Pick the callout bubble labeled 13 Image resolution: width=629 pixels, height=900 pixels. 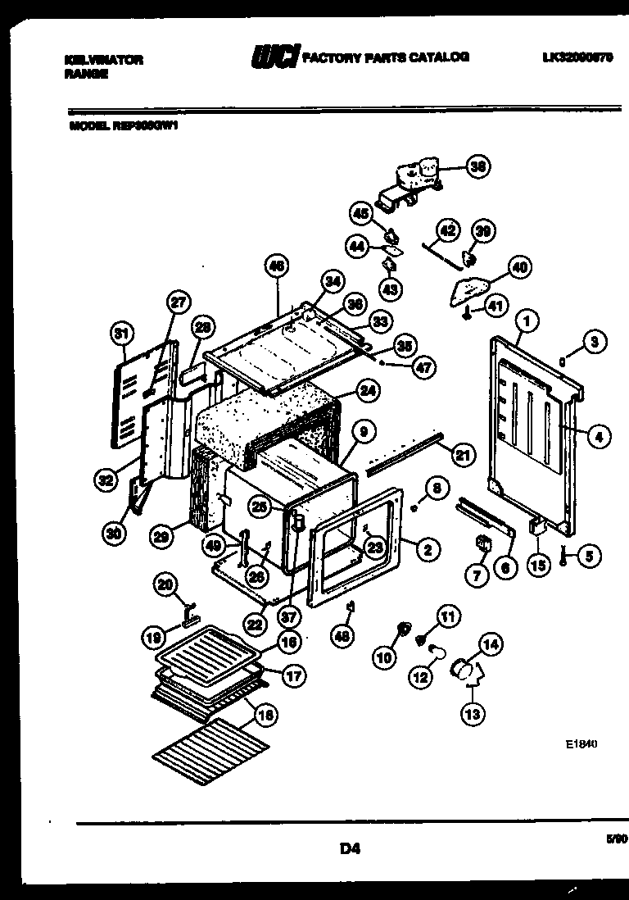point(472,713)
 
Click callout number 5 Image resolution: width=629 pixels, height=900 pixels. point(587,555)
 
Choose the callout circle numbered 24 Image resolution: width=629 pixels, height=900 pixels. point(368,391)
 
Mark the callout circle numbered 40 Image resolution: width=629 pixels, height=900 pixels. point(519,267)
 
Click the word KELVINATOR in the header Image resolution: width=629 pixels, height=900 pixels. point(103,60)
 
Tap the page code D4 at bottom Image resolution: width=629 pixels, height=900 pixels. point(350,849)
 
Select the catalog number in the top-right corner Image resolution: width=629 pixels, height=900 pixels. point(577,58)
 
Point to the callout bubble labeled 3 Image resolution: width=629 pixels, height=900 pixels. point(594,340)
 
